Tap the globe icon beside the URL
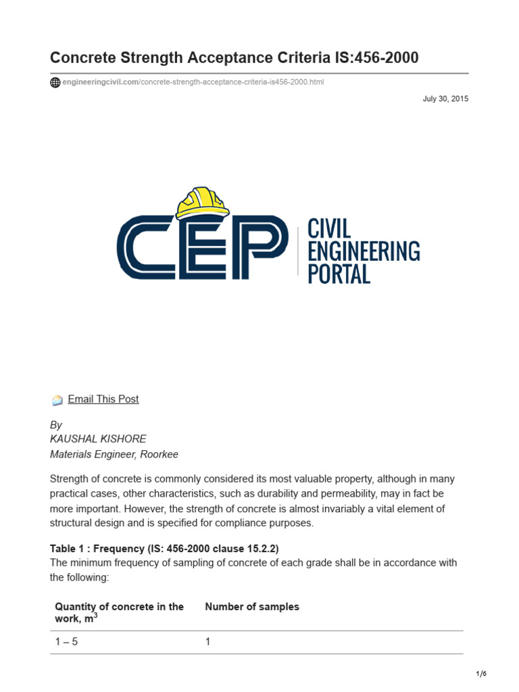[55, 82]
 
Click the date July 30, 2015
[445, 99]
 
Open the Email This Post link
[103, 399]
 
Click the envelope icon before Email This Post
[57, 400]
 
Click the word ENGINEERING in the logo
[364, 251]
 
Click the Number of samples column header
[252, 607]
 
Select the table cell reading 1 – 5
[66, 642]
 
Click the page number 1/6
[481, 674]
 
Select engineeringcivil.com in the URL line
[100, 82]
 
